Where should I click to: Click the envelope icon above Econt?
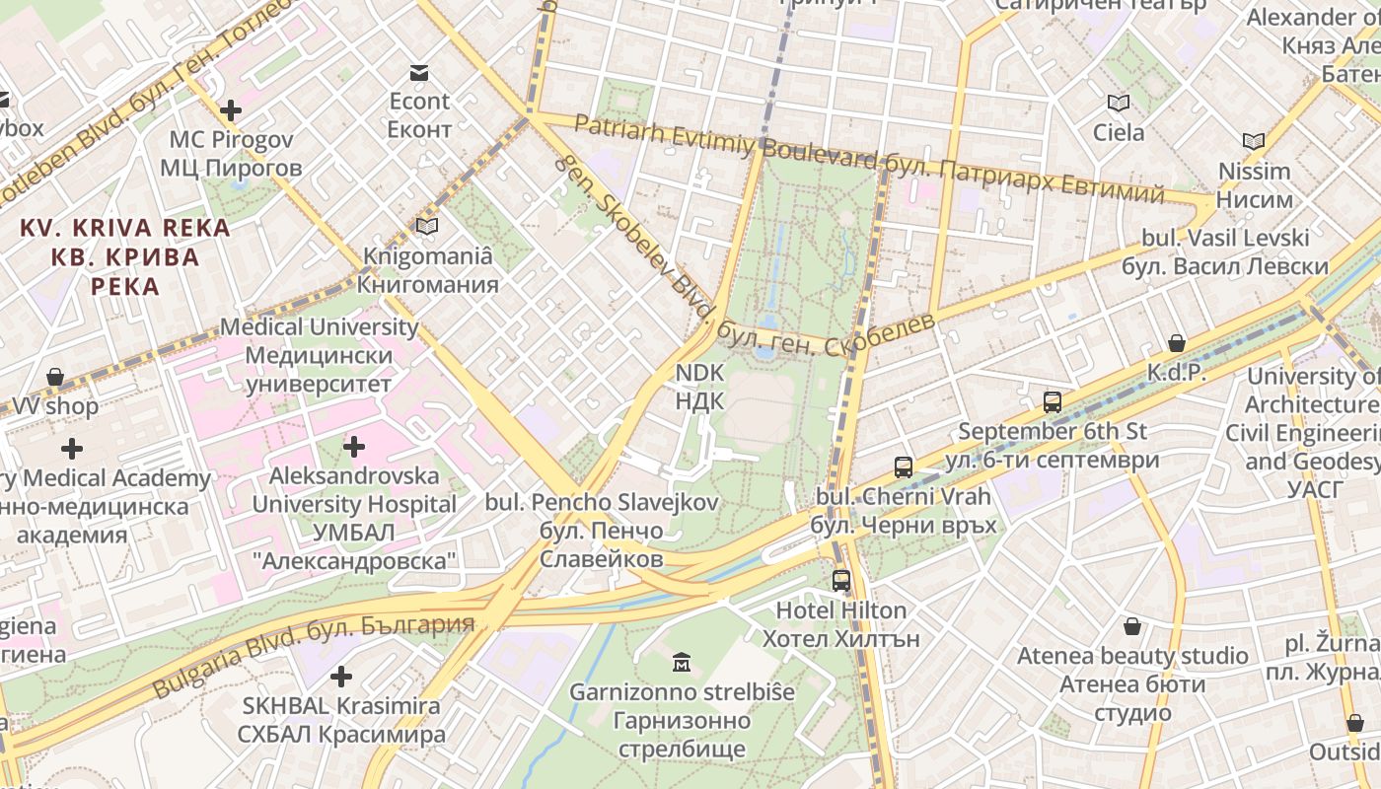tap(419, 72)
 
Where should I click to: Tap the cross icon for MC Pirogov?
tap(231, 110)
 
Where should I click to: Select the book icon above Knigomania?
tap(427, 227)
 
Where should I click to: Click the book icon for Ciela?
tap(1119, 103)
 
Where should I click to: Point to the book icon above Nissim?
tap(1254, 142)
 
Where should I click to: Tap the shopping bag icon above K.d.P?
tap(1176, 343)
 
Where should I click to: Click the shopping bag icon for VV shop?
tap(55, 377)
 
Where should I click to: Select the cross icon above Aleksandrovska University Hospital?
tap(353, 447)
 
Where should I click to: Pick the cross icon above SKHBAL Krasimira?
tap(340, 677)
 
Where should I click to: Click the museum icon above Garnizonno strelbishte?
tap(682, 662)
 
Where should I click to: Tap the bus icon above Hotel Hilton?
tap(840, 581)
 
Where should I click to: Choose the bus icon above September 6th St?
tap(1053, 401)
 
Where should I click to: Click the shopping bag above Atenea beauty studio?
tap(1132, 626)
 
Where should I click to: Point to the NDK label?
tap(699, 387)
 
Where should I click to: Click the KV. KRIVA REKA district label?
tap(125, 256)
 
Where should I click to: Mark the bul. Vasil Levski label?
tap(1225, 252)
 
